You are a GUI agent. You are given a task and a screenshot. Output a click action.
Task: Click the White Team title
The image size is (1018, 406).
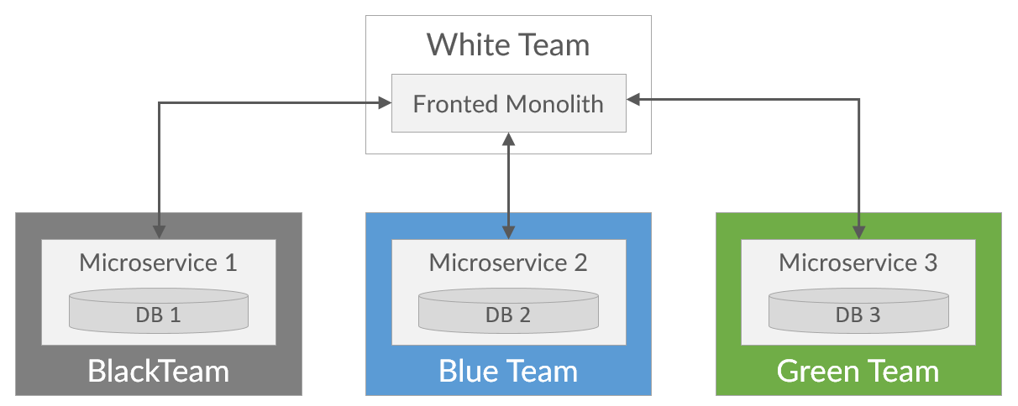(x=508, y=45)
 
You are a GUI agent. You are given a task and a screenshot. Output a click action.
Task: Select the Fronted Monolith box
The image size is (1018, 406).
(x=508, y=103)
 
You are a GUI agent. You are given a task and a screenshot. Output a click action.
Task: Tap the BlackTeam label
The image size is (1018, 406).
(x=158, y=371)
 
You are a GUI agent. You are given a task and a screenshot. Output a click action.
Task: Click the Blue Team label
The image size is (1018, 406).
(x=508, y=371)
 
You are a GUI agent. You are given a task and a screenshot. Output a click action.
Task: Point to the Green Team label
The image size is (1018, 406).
(x=858, y=371)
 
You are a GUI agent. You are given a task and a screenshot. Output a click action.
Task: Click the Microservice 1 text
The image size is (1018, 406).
(x=158, y=263)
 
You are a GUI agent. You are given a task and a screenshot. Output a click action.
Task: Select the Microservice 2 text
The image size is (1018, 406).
(x=508, y=263)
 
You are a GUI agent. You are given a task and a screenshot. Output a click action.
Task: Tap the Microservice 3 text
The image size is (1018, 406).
(x=858, y=263)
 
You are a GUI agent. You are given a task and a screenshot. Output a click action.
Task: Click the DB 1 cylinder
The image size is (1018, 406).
(x=159, y=311)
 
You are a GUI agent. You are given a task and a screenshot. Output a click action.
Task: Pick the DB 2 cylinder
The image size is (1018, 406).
(x=508, y=311)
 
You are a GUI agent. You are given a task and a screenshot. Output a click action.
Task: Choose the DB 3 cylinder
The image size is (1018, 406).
(x=858, y=311)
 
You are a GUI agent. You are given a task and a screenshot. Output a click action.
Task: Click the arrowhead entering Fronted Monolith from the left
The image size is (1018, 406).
(x=385, y=103)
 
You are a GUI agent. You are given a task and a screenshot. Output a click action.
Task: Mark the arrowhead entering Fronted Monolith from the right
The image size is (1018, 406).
(x=633, y=99)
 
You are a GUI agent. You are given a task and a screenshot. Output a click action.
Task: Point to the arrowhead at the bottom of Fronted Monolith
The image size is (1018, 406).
(x=508, y=139)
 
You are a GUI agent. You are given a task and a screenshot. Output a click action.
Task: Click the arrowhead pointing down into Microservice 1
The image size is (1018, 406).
(x=159, y=232)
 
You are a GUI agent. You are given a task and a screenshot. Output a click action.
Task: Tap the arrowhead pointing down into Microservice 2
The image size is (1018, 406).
(x=508, y=232)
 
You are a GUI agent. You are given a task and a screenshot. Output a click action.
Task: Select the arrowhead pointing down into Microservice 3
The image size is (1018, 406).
(x=858, y=232)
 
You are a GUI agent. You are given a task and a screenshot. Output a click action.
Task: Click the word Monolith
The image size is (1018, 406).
(x=554, y=104)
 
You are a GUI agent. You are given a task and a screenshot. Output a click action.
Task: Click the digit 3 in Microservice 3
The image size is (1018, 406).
(x=931, y=263)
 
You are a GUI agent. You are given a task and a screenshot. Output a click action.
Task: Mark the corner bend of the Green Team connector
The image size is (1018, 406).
(x=858, y=99)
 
